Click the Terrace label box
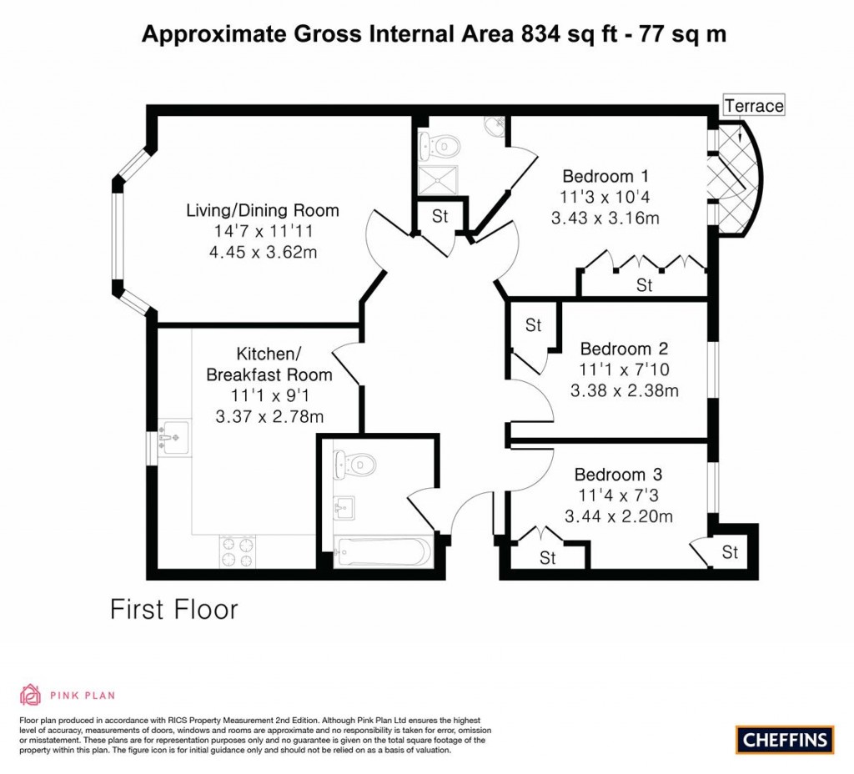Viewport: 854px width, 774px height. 754,106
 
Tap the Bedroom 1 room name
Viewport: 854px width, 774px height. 605,177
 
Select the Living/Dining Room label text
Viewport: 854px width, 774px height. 262,210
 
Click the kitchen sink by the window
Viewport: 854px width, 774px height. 174,436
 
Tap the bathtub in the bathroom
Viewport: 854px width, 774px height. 382,551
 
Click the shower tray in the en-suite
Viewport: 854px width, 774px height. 439,178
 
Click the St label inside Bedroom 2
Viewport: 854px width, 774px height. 534,325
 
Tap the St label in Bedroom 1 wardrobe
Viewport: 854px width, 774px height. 644,285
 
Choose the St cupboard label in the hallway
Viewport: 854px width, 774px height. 440,216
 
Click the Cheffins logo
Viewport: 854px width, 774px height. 785,739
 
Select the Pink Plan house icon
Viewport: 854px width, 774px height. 30,695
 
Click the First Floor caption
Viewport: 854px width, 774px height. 174,610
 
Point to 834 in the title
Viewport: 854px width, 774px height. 543,34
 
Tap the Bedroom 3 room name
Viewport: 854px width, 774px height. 618,475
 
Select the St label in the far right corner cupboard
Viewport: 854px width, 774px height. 731,552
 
